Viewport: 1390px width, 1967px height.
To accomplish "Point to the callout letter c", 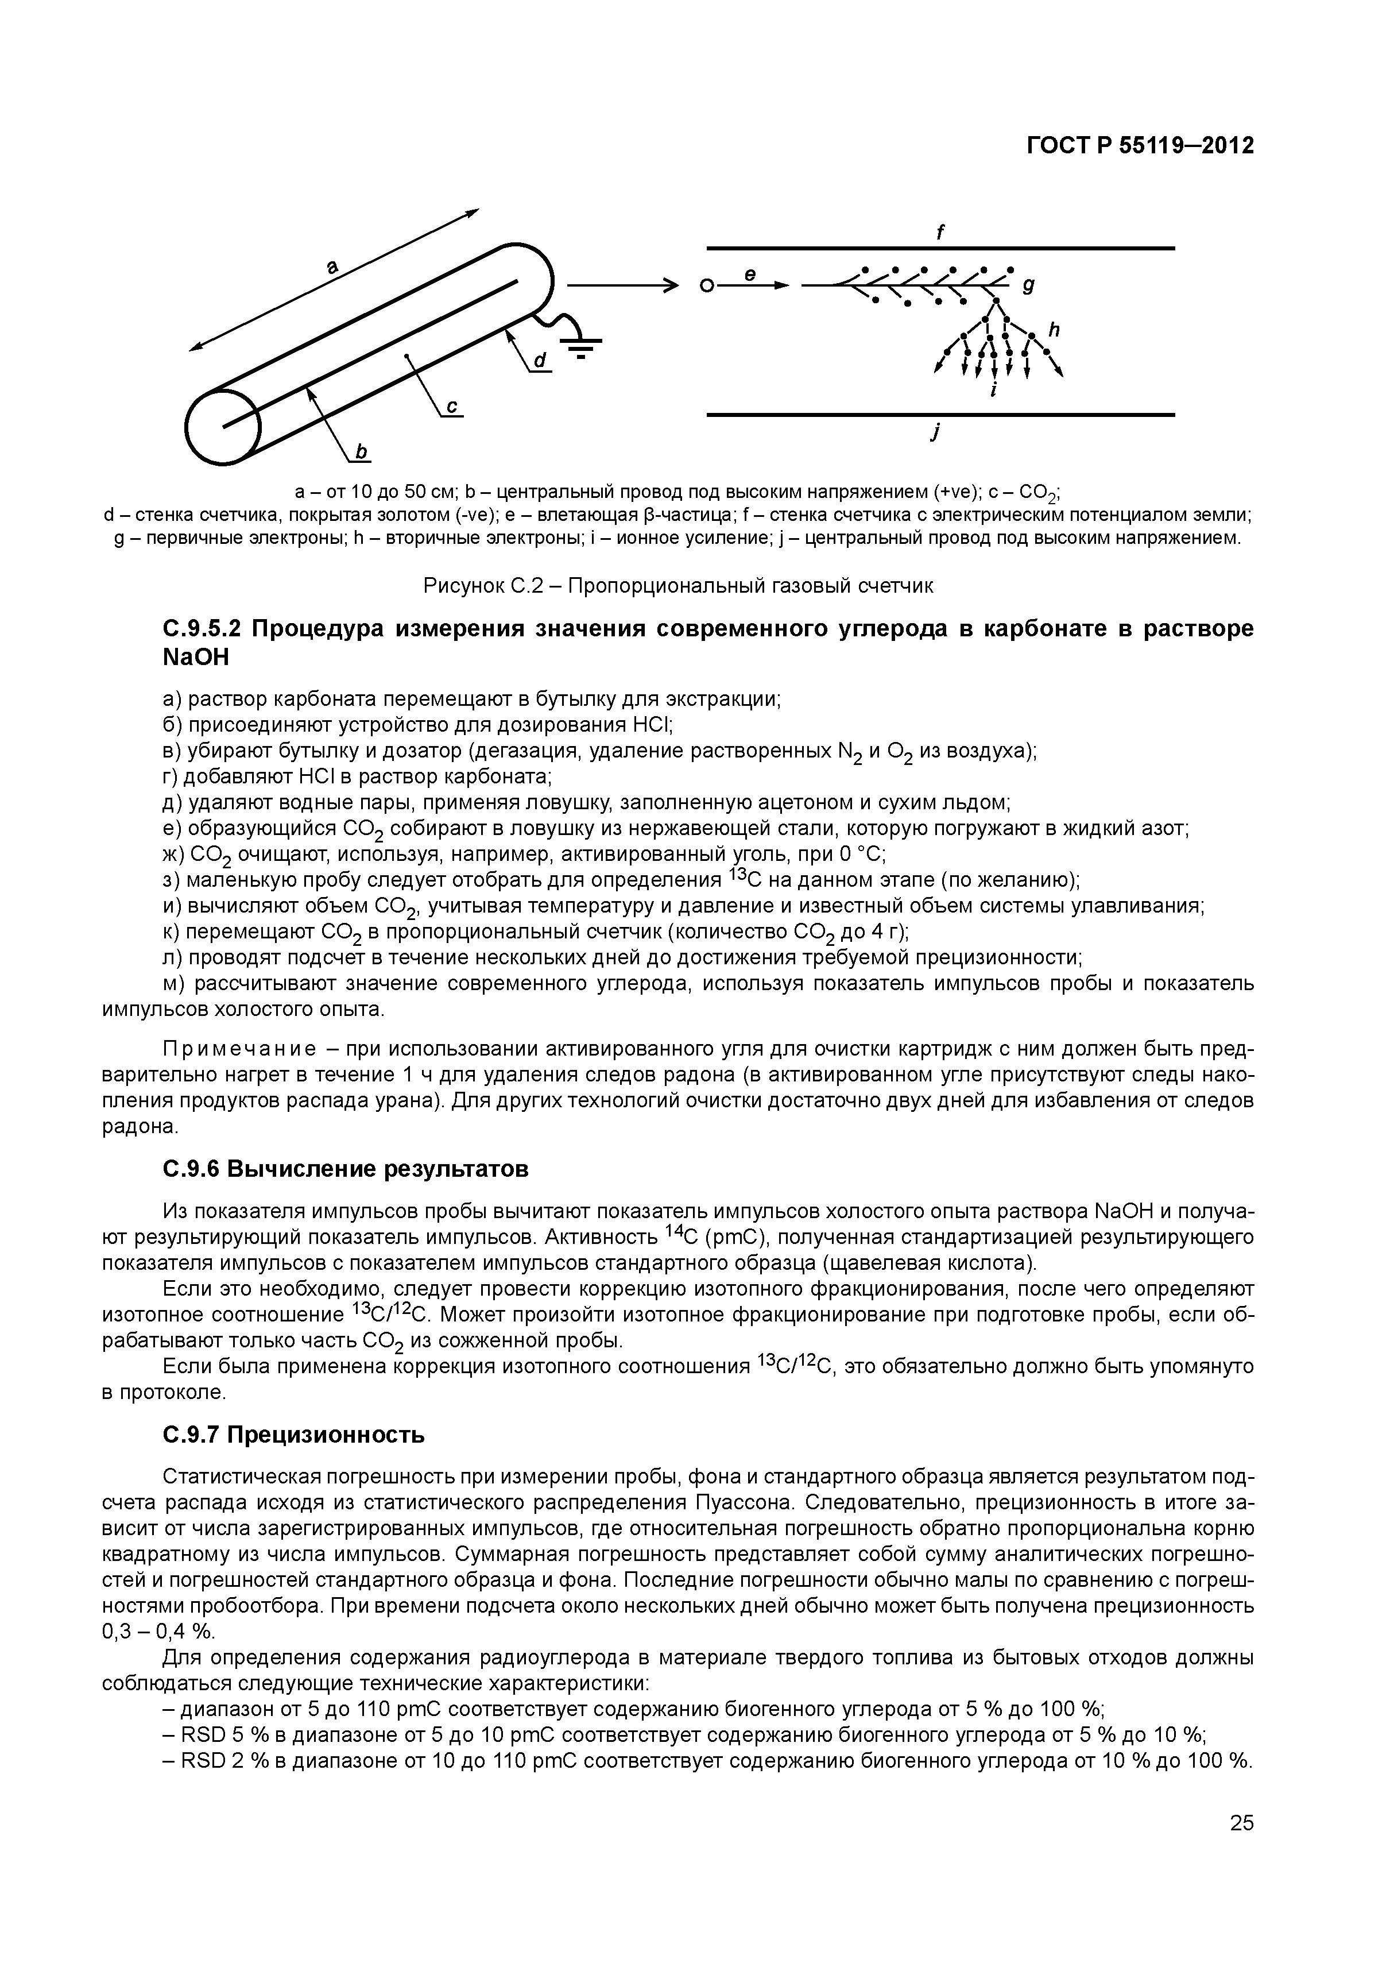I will click(x=451, y=405).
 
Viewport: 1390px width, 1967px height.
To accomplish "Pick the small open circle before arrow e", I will click(x=705, y=287).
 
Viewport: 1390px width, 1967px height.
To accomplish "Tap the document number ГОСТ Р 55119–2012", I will click(x=1140, y=146).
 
